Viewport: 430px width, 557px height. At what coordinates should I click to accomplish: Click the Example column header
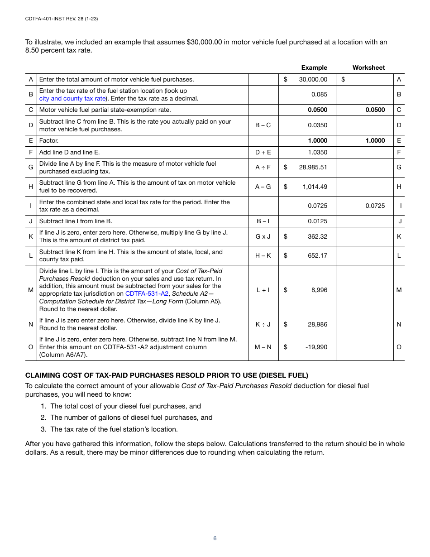(314, 67)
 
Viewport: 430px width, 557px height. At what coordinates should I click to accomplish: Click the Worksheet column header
(368, 67)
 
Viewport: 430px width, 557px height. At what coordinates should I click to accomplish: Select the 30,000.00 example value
(313, 79)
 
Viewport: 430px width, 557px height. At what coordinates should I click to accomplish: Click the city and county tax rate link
(72, 98)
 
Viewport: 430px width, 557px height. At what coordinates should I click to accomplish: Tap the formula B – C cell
(263, 125)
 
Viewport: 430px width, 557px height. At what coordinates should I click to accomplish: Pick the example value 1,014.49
(315, 187)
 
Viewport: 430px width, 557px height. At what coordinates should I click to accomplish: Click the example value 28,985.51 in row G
(313, 167)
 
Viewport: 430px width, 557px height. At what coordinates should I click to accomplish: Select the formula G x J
(263, 236)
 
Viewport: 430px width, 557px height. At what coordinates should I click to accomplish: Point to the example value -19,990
(316, 347)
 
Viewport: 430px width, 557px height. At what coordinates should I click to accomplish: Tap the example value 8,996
(319, 290)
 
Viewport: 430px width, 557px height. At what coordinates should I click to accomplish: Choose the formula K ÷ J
(263, 324)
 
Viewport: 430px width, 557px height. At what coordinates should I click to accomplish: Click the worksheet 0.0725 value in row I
(375, 206)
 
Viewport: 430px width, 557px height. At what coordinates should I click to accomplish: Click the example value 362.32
(317, 236)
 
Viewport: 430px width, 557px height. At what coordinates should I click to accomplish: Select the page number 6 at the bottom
(215, 538)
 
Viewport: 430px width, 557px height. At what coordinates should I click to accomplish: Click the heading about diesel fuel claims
(167, 375)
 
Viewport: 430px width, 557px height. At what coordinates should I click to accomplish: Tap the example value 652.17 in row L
(317, 255)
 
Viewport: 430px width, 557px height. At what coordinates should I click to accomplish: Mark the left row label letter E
(31, 140)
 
